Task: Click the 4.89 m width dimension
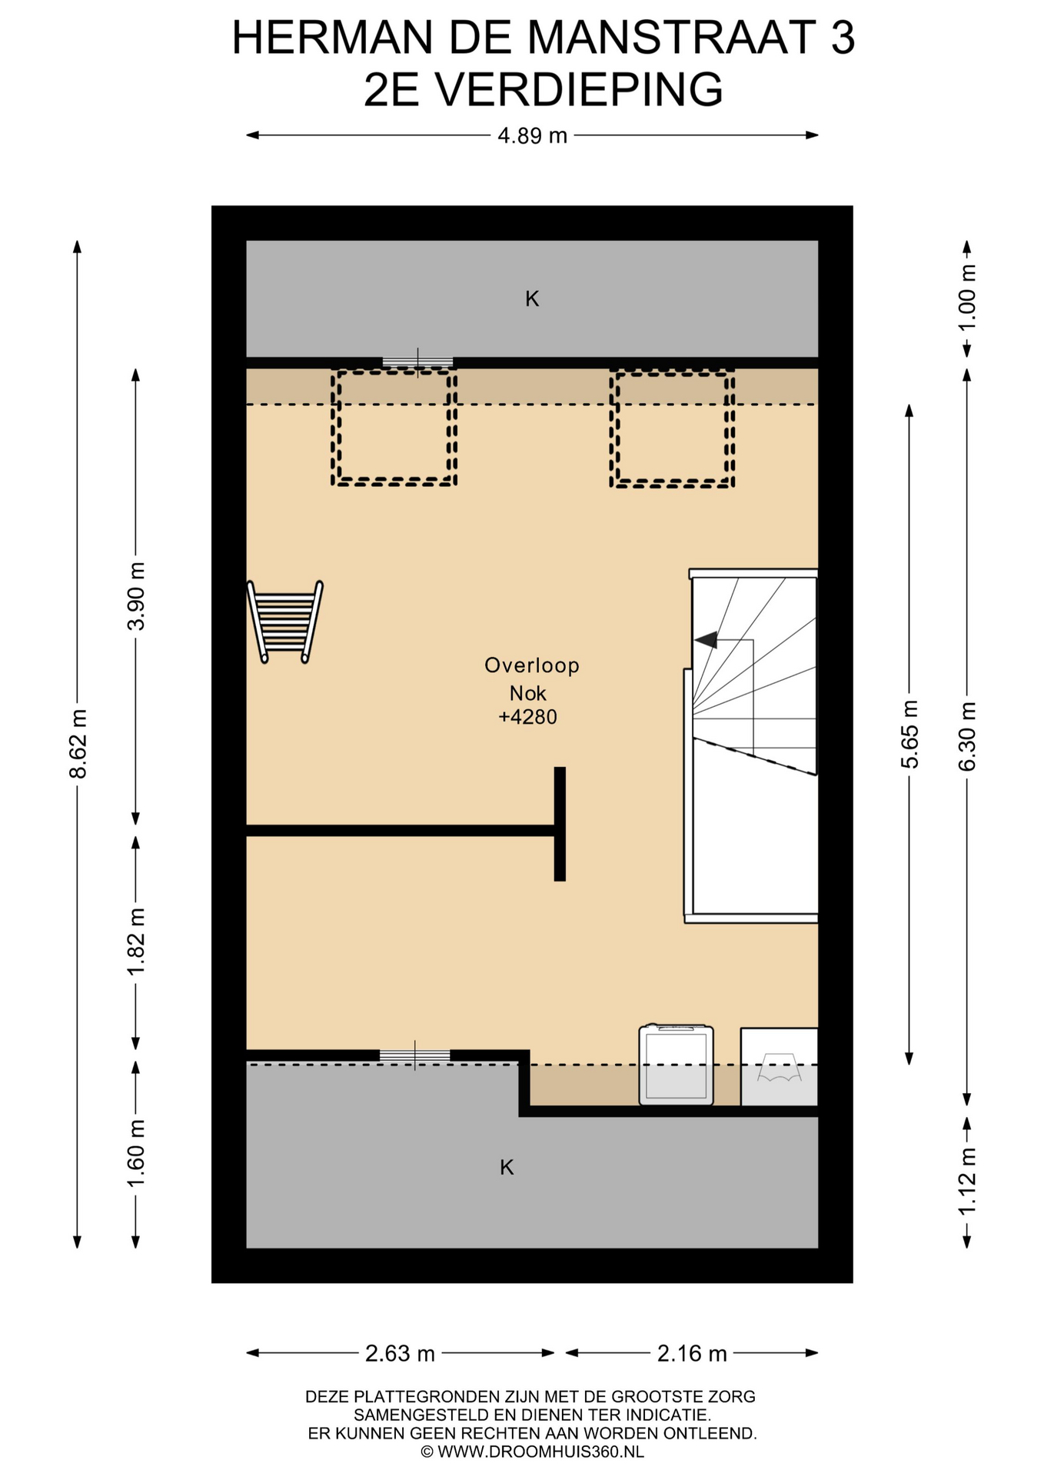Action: [532, 135]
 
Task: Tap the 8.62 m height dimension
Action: [78, 743]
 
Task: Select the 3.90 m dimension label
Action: [136, 596]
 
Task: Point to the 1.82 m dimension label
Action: [136, 942]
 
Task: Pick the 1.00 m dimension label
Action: [967, 298]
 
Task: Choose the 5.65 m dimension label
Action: [909, 735]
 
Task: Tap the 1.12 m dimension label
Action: [967, 1181]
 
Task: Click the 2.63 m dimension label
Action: [400, 1353]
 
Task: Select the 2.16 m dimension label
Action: [692, 1353]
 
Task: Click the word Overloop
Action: [532, 665]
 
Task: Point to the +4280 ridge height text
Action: [528, 717]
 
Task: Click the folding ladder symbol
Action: [284, 622]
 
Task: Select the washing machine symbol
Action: [676, 1065]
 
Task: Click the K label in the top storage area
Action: [532, 298]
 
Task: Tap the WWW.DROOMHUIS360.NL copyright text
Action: [532, 1452]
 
